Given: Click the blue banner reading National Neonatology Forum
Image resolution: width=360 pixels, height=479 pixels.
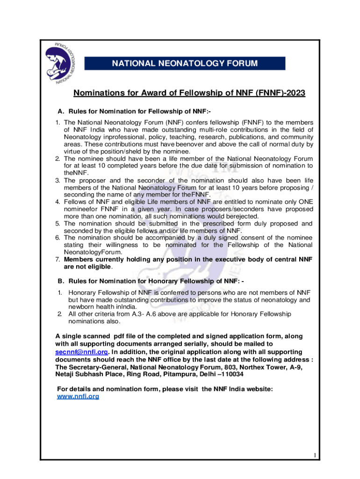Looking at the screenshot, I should [184, 64].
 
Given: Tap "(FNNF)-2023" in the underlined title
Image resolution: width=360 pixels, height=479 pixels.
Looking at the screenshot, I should [281, 94].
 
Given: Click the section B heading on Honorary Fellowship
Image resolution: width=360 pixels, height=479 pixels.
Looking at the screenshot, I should [150, 281].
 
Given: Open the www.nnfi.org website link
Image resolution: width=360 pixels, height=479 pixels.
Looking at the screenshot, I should [78, 396].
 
